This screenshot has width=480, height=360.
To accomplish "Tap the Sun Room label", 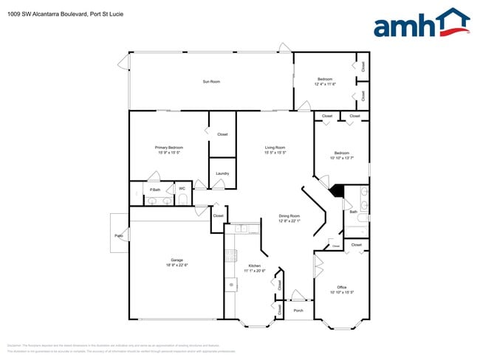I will (211, 81).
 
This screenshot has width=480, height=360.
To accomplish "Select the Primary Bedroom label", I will (168, 148).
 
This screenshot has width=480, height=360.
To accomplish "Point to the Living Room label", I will (275, 148).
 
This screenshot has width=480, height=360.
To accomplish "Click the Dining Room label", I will (289, 216).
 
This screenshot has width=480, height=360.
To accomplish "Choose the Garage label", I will (176, 260).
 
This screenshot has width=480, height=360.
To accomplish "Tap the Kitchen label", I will (254, 266).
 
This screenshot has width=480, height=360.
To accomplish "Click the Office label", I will (341, 287).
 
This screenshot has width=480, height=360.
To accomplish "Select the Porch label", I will (298, 311).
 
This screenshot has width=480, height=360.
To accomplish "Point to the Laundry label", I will (222, 173).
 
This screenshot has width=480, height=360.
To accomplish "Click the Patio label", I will (118, 235).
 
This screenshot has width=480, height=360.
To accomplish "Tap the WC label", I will (182, 188).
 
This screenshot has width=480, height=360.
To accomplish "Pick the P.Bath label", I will (155, 189).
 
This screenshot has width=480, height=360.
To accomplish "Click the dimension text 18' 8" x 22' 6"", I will (176, 265).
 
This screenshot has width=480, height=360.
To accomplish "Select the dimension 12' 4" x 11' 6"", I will (325, 84).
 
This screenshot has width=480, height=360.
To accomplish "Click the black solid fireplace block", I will (337, 190).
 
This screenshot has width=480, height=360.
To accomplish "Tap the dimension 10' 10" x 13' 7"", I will (341, 158).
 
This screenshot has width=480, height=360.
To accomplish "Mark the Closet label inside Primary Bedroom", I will (222, 134).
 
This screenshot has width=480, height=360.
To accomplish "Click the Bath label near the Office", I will (353, 212).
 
